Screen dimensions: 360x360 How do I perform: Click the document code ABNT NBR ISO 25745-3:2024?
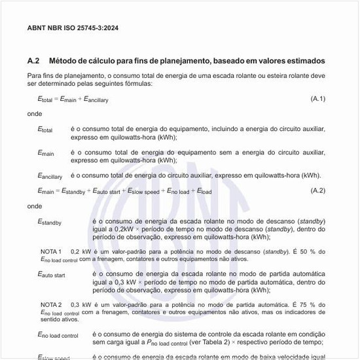coord(73,28)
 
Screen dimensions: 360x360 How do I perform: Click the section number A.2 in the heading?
coord(33,61)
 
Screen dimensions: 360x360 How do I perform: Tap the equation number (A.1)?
coord(317,98)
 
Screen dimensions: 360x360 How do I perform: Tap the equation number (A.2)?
coord(317,190)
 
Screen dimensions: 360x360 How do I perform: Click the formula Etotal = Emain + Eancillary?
coord(73,99)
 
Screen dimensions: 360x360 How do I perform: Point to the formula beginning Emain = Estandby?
coord(124,191)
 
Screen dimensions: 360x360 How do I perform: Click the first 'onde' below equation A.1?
coord(35,113)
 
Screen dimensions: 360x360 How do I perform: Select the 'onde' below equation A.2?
coord(35,206)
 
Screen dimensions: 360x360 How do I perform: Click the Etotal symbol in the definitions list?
coord(45,130)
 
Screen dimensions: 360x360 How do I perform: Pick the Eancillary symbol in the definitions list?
coord(50,175)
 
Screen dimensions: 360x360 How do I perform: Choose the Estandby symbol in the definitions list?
coord(50,222)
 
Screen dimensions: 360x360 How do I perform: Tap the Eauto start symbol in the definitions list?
coord(51,275)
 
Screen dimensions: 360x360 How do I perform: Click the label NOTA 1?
coord(51,251)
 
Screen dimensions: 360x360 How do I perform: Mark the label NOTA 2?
coord(51,304)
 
